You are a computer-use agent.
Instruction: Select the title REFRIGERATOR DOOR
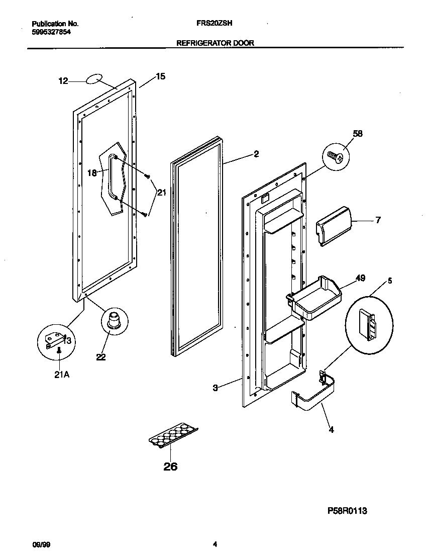[x=215, y=43]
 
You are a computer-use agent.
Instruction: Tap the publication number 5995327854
[x=51, y=31]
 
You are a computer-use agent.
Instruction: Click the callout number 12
[x=63, y=80]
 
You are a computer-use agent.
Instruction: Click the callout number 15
[x=160, y=77]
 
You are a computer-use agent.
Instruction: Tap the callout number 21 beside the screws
[x=161, y=192]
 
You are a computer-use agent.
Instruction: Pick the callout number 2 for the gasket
[x=256, y=154]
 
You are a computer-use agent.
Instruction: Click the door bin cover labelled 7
[x=334, y=225]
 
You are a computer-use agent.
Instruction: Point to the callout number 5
[x=390, y=281]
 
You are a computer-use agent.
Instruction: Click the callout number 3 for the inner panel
[x=215, y=388]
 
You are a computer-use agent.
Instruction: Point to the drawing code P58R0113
[x=348, y=511]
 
